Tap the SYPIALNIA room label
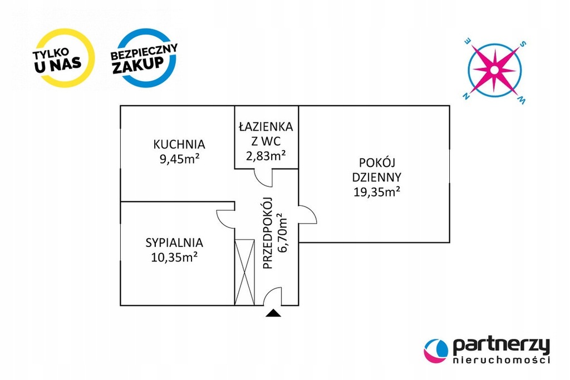point(174,243)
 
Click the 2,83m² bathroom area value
point(266,155)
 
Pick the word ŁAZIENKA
point(266,127)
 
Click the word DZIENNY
point(377,177)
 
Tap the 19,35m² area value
point(377,192)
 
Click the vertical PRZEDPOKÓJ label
point(267,233)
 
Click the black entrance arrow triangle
point(272,313)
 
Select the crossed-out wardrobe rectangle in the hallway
point(244,272)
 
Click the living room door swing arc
point(308,215)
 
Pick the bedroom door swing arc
point(225,218)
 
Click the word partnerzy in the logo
point(501,346)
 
